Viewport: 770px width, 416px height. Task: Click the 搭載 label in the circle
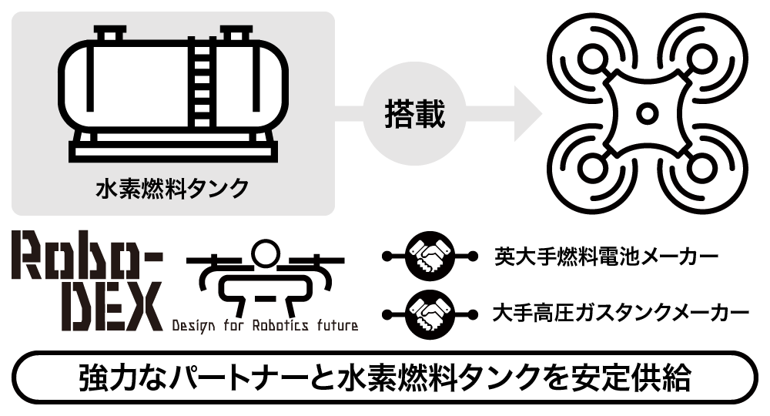coord(414,114)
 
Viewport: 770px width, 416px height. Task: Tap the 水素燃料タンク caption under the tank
coord(172,187)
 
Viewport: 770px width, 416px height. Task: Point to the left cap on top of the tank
coord(110,35)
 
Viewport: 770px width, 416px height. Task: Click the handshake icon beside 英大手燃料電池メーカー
coord(431,254)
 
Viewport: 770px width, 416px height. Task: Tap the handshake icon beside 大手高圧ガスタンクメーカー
coord(431,314)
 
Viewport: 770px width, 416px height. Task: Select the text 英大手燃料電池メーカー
coord(606,255)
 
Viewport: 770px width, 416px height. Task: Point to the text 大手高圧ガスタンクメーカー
coord(620,314)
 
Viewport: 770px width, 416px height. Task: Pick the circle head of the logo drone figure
coord(263,253)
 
